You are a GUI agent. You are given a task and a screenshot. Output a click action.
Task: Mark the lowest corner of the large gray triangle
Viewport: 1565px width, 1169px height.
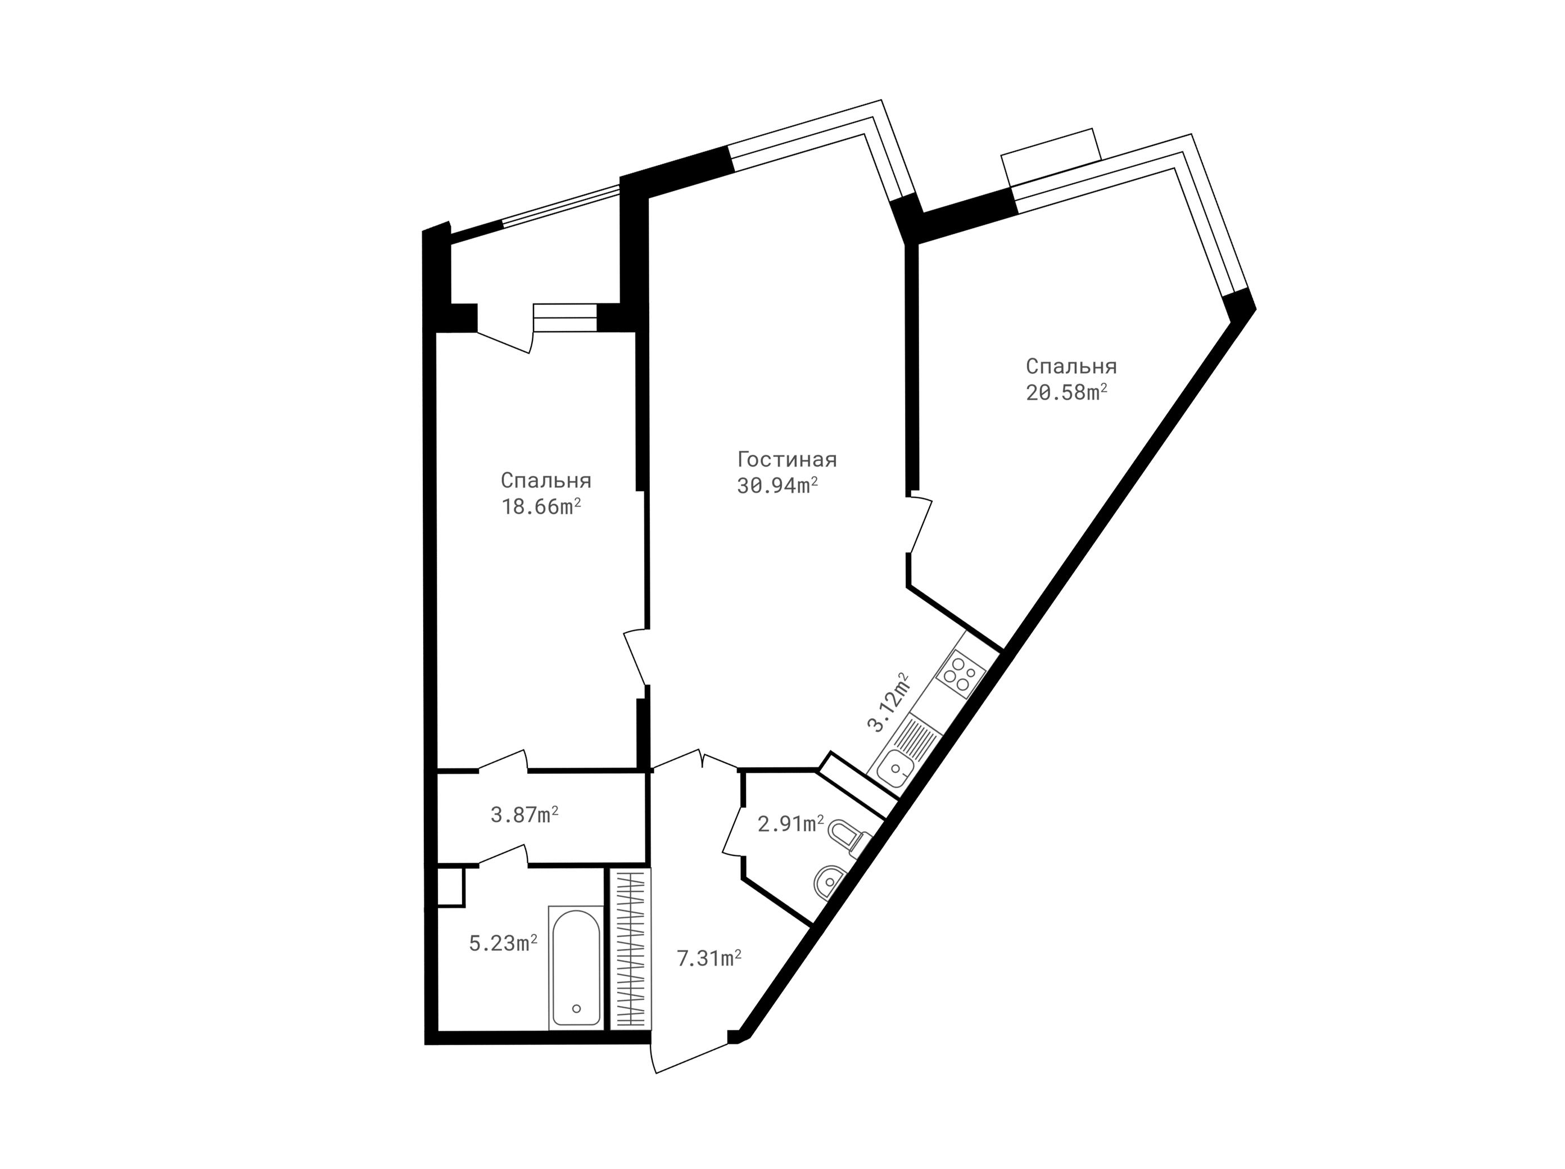tap(899, 798)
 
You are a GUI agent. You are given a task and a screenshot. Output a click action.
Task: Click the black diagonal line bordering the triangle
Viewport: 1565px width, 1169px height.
tap(952, 728)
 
